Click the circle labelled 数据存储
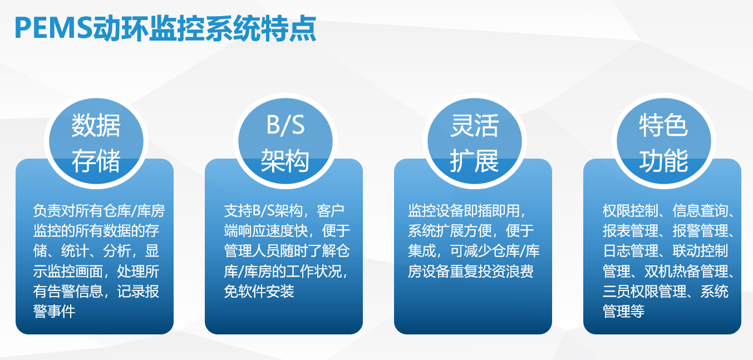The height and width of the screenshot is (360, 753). coord(96,141)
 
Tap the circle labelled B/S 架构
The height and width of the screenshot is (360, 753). coord(286,141)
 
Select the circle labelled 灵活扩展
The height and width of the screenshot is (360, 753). coord(475,141)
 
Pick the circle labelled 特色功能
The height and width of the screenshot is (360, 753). coord(664,141)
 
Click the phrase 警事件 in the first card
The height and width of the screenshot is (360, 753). coord(54,311)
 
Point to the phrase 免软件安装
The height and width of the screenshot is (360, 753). coord(259,291)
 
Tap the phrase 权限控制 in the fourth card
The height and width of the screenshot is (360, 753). coord(631,211)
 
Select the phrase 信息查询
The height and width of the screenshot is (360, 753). coord(700,211)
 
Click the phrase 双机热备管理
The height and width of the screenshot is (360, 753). coord(686,271)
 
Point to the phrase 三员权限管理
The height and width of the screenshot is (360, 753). coord(644,291)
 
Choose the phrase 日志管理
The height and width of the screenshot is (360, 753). coord(631,251)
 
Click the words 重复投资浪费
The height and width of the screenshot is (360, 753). coord(491,271)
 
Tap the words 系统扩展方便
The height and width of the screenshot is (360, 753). coord(450,230)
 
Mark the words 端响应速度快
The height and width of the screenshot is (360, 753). coord(265,230)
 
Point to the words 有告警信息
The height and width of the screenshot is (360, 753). coord(68,291)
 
